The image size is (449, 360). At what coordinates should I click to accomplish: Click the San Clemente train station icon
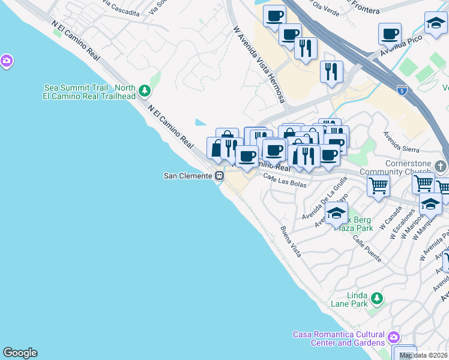click(220, 176)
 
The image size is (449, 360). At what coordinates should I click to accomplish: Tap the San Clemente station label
click(188, 176)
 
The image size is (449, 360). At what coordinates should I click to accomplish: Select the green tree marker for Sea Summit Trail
click(144, 91)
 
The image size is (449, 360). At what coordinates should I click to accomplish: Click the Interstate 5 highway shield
click(401, 90)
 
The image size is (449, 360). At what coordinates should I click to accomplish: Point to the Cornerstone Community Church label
click(396, 167)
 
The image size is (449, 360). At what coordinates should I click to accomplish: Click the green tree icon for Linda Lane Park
click(376, 298)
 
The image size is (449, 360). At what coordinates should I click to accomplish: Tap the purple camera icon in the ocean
click(7, 61)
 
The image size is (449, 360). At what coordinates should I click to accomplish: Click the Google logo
click(20, 352)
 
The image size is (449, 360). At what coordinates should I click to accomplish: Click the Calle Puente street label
click(367, 248)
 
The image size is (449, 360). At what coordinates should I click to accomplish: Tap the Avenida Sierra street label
click(402, 143)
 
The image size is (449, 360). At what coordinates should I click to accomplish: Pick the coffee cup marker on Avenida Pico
click(390, 34)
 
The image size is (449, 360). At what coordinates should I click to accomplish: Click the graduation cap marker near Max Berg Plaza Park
click(336, 212)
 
